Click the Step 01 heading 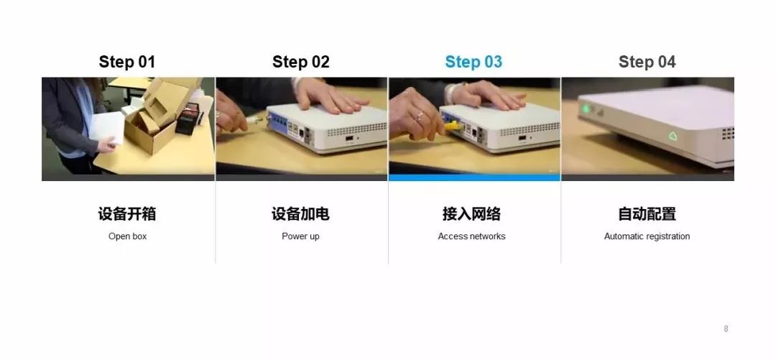pyautogui.click(x=126, y=62)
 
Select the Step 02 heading pyautogui.click(x=300, y=62)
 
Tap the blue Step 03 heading pyautogui.click(x=474, y=62)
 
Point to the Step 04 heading pyautogui.click(x=647, y=62)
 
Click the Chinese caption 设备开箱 pyautogui.click(x=127, y=214)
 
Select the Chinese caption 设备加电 pyautogui.click(x=300, y=214)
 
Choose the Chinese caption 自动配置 pyautogui.click(x=647, y=214)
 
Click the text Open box pyautogui.click(x=127, y=236)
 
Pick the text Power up pyautogui.click(x=300, y=236)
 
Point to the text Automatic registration pyautogui.click(x=647, y=236)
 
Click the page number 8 pyautogui.click(x=726, y=329)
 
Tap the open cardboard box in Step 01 pyautogui.click(x=154, y=119)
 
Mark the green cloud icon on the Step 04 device pyautogui.click(x=673, y=136)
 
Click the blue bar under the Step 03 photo pyautogui.click(x=474, y=177)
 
